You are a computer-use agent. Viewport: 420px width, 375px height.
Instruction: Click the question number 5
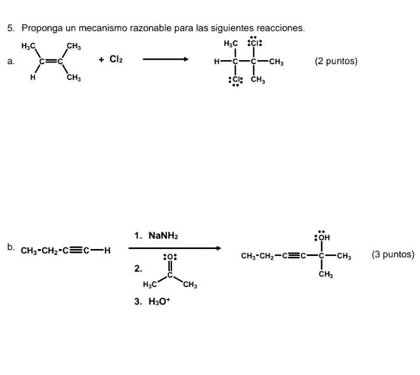click(10, 28)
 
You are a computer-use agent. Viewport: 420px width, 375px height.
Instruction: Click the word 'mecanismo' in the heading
click(85, 28)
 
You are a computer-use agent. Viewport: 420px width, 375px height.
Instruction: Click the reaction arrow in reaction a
click(166, 59)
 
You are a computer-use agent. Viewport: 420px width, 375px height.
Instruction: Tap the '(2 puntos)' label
click(335, 61)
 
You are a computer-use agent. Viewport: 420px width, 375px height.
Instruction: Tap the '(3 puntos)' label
click(393, 254)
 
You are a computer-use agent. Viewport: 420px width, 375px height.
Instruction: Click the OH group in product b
click(323, 237)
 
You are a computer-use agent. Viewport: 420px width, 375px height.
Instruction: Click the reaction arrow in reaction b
click(175, 248)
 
